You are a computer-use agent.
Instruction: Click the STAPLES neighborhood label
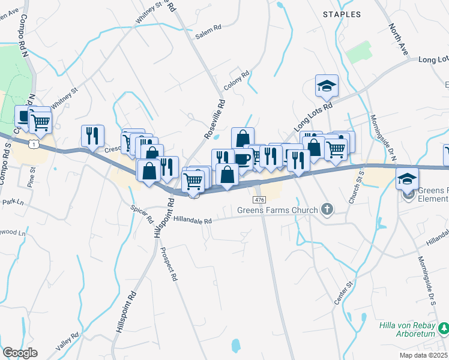342,13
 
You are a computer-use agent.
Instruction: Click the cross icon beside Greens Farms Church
327,209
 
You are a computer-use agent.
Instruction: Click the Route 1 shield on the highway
34,145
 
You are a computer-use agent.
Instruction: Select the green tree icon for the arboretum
443,328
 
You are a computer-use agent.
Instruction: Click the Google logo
20,353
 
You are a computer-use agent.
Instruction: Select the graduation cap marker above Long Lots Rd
327,86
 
